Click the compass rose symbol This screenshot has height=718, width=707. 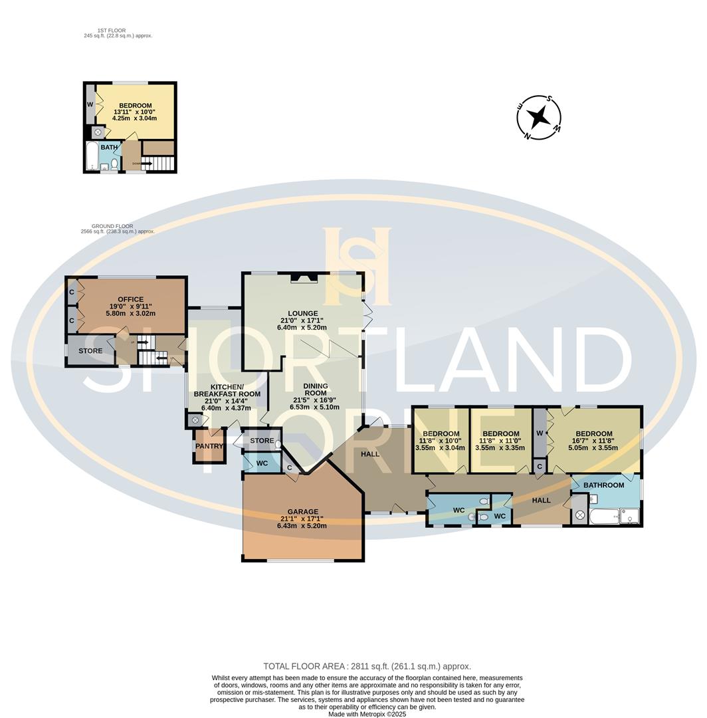(539, 118)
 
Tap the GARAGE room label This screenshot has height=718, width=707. (302, 512)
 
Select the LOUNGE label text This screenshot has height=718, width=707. (302, 313)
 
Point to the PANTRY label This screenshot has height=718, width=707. (209, 446)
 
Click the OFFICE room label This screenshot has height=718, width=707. (130, 299)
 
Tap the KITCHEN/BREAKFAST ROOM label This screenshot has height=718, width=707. (227, 390)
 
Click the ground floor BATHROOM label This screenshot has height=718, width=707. (603, 485)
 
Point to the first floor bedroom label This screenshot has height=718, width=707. (135, 106)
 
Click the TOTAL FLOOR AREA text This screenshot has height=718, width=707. (367, 666)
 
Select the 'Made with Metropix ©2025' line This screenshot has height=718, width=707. (367, 714)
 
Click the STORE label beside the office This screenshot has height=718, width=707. (90, 351)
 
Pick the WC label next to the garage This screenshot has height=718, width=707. (262, 463)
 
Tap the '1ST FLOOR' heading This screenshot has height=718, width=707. (111, 31)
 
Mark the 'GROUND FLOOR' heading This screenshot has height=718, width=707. (106, 226)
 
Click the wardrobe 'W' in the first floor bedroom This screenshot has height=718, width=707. (90, 104)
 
